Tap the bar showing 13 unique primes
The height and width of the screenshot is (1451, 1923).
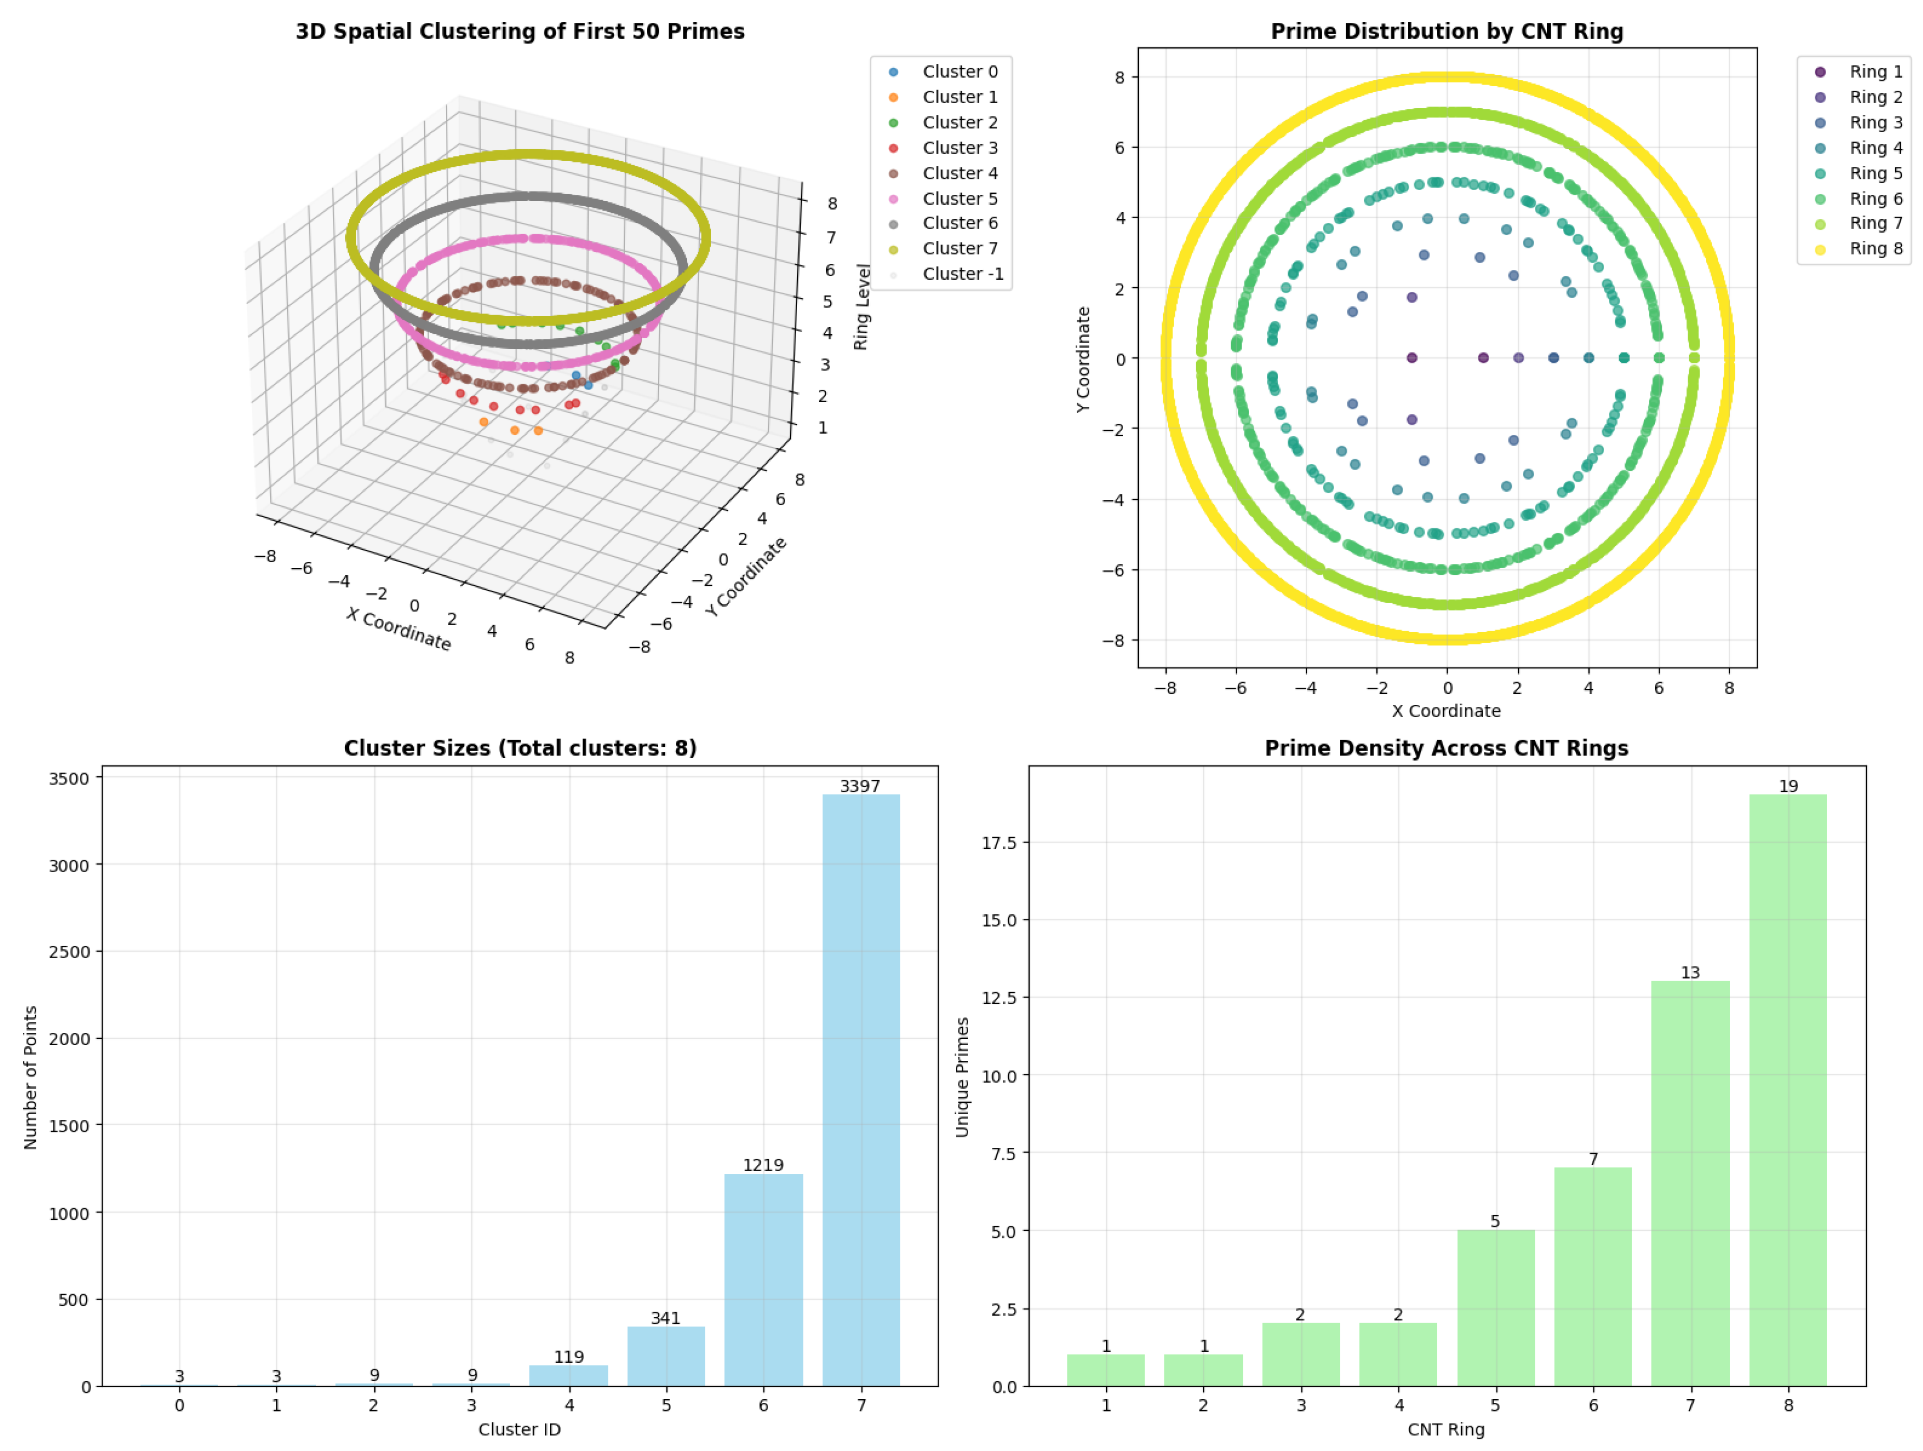(x=1690, y=1183)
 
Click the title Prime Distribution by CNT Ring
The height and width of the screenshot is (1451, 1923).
(x=1447, y=31)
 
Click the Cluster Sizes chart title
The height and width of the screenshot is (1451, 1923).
(x=520, y=748)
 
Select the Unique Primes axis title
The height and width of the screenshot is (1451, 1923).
(x=961, y=1076)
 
